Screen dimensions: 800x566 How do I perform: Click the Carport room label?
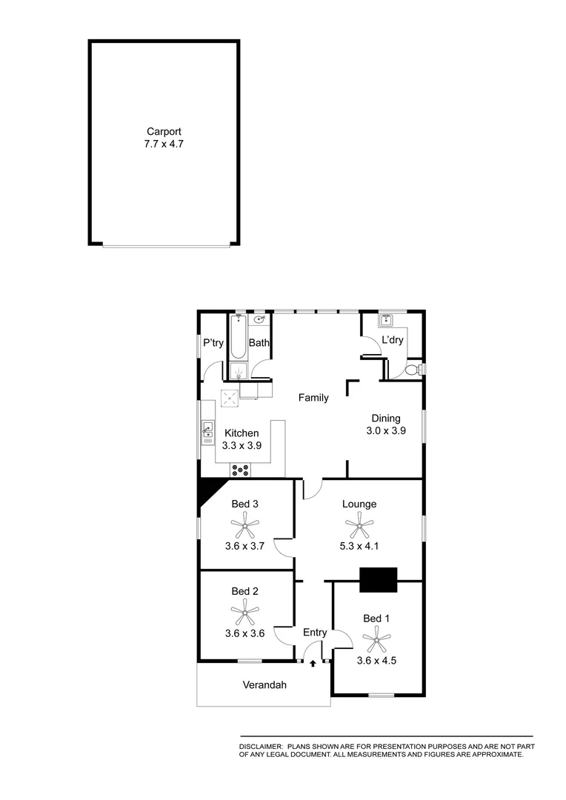coord(164,131)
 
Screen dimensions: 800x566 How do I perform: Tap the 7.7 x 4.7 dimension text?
coord(164,144)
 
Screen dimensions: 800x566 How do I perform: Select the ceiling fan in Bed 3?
coord(244,527)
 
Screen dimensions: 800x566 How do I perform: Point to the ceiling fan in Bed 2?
coord(244,613)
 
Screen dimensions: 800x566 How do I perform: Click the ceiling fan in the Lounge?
coord(359,527)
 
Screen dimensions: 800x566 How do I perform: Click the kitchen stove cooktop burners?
coord(239,469)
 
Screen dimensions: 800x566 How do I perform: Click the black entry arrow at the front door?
coord(313,664)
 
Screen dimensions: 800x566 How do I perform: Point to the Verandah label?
coord(264,685)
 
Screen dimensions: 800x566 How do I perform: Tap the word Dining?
coord(386,419)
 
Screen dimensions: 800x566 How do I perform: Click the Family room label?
coord(313,398)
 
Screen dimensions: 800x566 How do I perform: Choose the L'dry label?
coord(392,340)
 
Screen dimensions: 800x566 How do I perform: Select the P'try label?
coord(213,343)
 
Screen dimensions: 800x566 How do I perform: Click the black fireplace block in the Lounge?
coord(378,579)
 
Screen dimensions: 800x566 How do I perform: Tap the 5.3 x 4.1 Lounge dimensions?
coord(359,547)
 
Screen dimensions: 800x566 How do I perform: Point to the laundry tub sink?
coord(386,321)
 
